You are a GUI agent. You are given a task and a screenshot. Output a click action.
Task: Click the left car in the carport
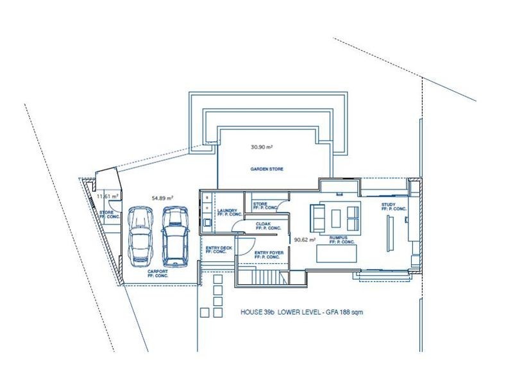pos(140,237)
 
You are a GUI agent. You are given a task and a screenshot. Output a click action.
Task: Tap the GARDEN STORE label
pos(267,169)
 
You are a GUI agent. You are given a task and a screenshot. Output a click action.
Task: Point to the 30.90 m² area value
pos(262,147)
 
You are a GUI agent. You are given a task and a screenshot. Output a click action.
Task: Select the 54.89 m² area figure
pos(162,198)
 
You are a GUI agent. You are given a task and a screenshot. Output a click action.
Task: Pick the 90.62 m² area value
pos(305,239)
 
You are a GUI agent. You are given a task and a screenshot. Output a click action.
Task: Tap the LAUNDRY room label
pos(228,210)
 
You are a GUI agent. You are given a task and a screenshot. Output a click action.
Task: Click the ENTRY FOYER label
pos(269,253)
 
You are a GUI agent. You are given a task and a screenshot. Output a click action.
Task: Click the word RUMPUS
pos(339,237)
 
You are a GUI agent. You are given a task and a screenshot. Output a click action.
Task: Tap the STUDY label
pos(389,205)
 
